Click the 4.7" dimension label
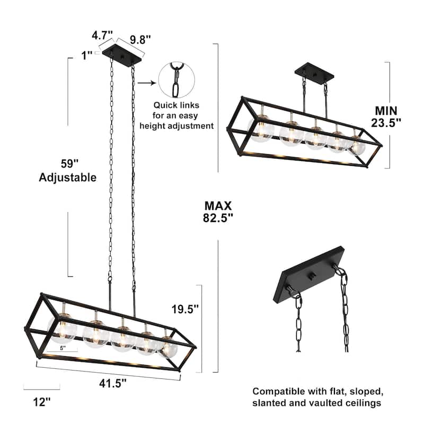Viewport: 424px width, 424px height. point(102,36)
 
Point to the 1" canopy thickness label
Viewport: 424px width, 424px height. point(87,54)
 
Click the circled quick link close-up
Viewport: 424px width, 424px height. point(176,79)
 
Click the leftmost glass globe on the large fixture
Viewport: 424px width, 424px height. point(63,328)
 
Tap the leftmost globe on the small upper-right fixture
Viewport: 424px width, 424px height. point(261,130)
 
